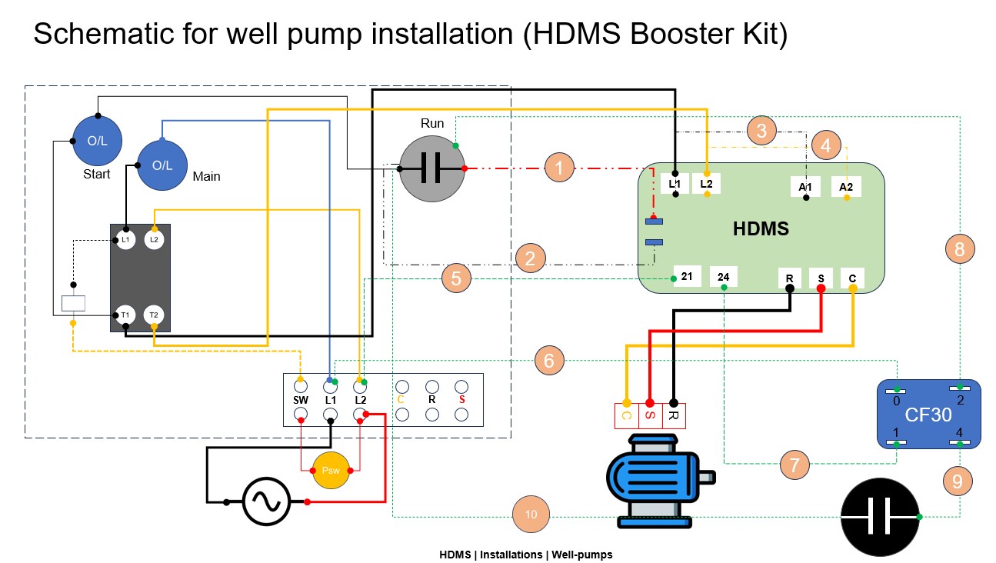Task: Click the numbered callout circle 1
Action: (x=559, y=167)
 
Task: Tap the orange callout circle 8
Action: (x=959, y=248)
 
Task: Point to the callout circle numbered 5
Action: (x=457, y=278)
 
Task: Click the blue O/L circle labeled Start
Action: (x=98, y=142)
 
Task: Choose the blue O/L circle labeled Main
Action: (x=162, y=165)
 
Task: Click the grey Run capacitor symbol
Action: (x=431, y=169)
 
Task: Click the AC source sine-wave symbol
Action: (x=266, y=502)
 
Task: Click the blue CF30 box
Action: (x=928, y=415)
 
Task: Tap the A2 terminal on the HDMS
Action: (x=846, y=187)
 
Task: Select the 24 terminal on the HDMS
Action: (x=724, y=276)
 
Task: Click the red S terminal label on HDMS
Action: (x=821, y=277)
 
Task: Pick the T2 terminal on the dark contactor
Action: (x=154, y=315)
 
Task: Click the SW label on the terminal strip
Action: (x=301, y=401)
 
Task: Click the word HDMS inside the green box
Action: (x=761, y=228)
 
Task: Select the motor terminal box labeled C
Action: (x=626, y=416)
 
